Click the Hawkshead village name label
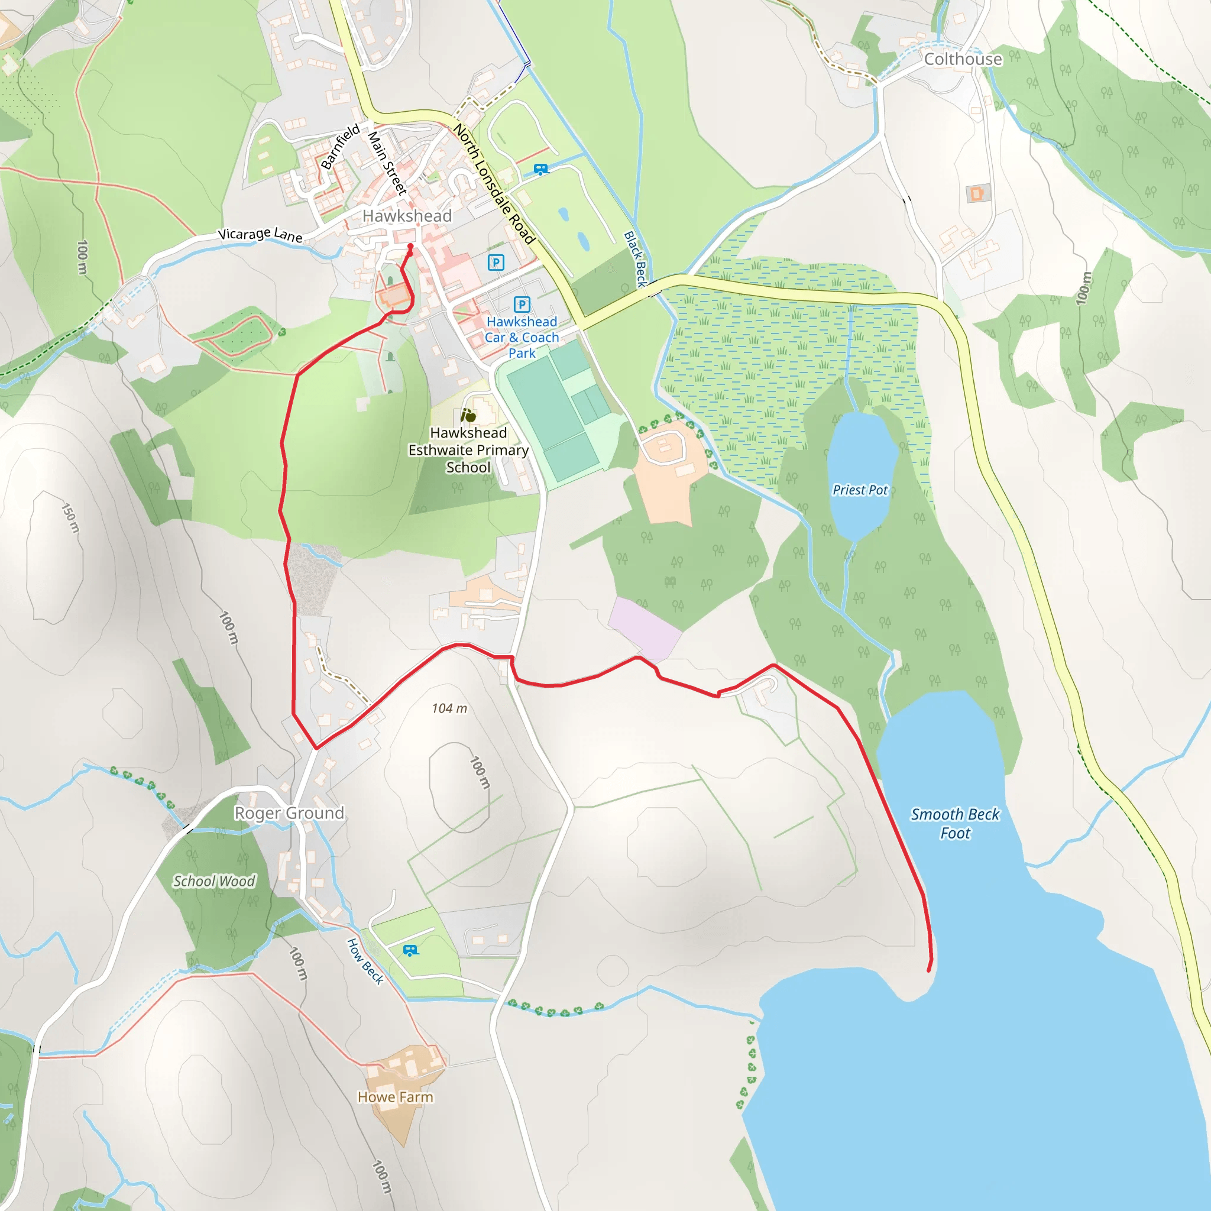407,216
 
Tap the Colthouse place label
963,59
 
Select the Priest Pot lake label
860,490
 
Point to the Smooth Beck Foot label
954,823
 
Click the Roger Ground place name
289,813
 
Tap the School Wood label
215,881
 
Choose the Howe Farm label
396,1097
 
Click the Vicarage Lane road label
260,234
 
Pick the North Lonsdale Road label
494,184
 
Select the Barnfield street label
341,146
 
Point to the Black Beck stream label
635,259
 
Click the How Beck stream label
365,961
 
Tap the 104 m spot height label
449,708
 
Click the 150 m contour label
70,518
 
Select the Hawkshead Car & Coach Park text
522,337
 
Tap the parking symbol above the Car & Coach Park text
522,305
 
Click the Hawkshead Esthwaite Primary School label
468,450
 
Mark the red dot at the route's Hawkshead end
410,247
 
